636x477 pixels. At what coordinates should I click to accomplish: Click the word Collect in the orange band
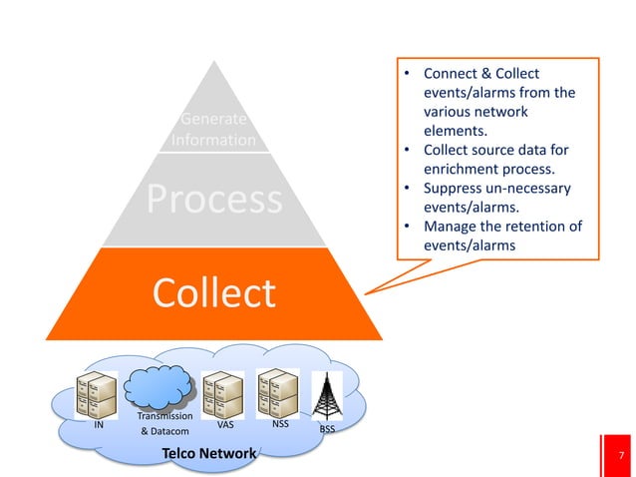(x=213, y=293)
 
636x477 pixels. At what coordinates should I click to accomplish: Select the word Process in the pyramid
(x=214, y=199)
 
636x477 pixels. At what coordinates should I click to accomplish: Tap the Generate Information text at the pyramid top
(x=213, y=131)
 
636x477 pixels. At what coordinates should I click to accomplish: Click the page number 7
(x=622, y=457)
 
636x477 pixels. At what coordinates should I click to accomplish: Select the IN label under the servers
(x=99, y=424)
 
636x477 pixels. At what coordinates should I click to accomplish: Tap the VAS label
(x=225, y=424)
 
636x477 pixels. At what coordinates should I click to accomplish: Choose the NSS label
(x=280, y=423)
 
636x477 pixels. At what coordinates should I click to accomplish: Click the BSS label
(x=327, y=430)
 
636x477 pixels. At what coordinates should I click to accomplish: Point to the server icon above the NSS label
(x=277, y=390)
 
